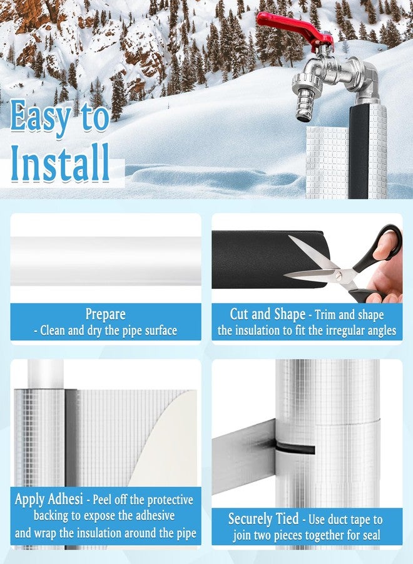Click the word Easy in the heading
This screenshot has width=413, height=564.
40,116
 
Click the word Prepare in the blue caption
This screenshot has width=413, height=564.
105,314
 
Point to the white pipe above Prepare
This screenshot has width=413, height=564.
106,261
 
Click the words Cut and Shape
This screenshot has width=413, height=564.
268,314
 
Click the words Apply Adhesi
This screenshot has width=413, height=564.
49,499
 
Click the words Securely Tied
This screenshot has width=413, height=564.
263,519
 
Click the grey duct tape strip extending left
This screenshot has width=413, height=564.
243,456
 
